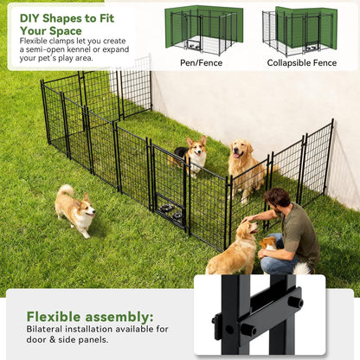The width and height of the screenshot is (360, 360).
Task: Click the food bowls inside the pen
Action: (170, 211)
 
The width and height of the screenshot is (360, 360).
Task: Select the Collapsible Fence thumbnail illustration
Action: (299, 30)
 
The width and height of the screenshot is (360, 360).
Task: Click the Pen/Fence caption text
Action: (200, 63)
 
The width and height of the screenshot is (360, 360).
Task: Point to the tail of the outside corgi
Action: (65, 190)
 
